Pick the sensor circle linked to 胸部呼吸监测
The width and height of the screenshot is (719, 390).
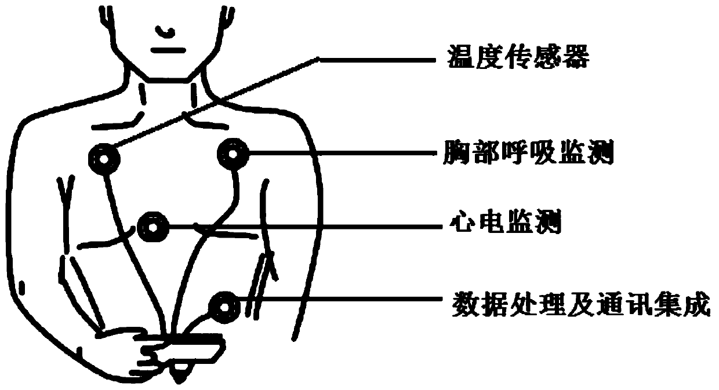click(x=234, y=154)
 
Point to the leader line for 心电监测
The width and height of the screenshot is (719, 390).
click(x=302, y=226)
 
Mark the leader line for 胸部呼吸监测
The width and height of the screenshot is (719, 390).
click(x=342, y=154)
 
